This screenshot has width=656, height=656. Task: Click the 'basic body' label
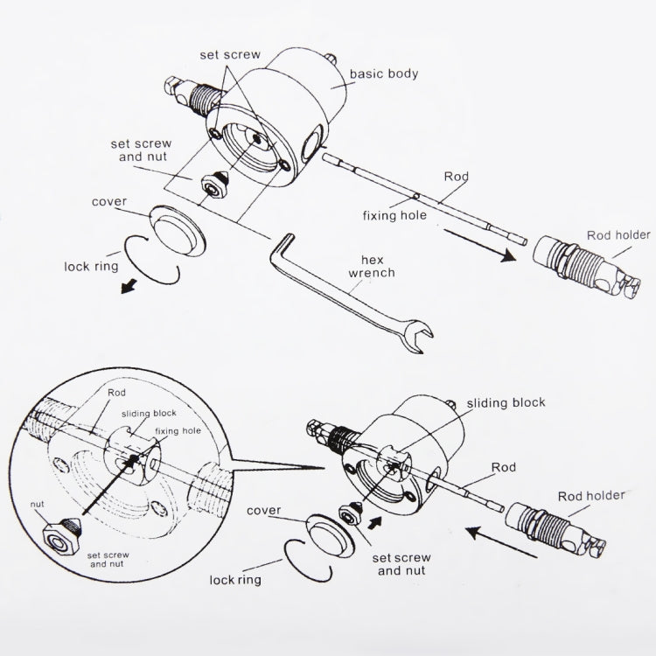[383, 73]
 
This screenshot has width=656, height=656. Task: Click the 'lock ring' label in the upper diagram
[94, 267]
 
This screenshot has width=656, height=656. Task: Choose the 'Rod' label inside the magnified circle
[115, 394]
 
